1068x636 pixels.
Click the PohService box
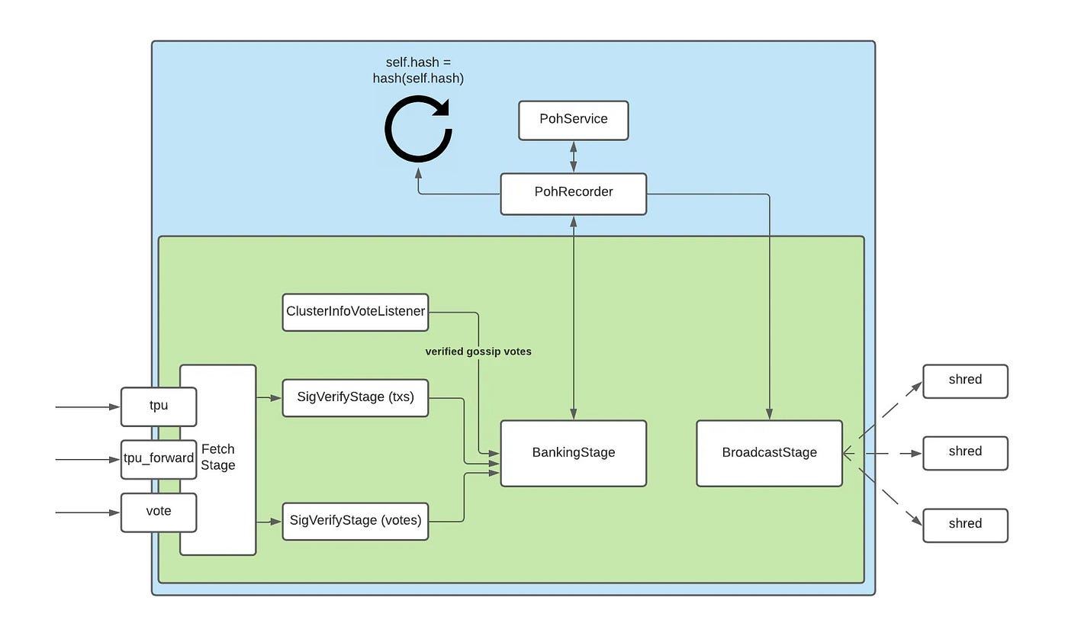click(573, 120)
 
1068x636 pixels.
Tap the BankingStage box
click(573, 453)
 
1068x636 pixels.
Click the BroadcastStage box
click(769, 453)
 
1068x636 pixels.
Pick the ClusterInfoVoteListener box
click(355, 312)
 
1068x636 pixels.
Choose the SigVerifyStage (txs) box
click(355, 397)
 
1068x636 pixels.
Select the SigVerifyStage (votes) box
click(355, 522)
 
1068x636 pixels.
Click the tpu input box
click(159, 406)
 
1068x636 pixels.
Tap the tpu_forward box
click(159, 459)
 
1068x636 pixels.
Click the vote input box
click(159, 512)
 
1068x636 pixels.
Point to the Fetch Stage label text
click(218, 458)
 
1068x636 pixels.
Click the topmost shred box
click(965, 381)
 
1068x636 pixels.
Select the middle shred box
click(965, 452)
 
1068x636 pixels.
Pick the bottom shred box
click(965, 525)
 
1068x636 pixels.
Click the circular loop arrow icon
click(418, 130)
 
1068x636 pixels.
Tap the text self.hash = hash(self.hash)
click(418, 70)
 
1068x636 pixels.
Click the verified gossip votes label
click(478, 352)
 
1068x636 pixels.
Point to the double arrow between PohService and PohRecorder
click(573, 157)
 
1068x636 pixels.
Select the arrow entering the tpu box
click(88, 407)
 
